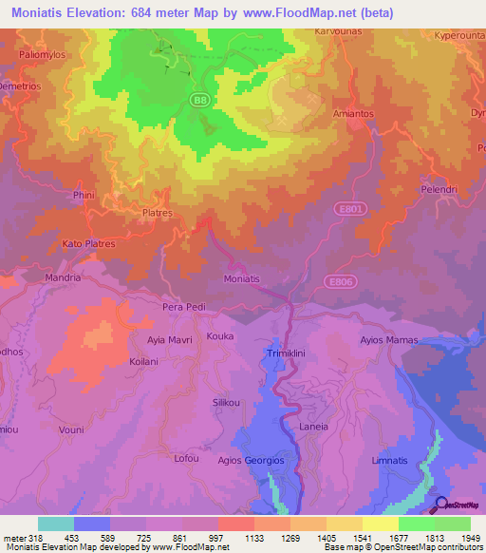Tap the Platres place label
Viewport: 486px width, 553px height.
click(157, 214)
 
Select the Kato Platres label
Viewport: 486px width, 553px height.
click(88, 244)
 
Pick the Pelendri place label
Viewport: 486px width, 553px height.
click(439, 189)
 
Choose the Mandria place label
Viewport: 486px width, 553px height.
click(64, 278)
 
